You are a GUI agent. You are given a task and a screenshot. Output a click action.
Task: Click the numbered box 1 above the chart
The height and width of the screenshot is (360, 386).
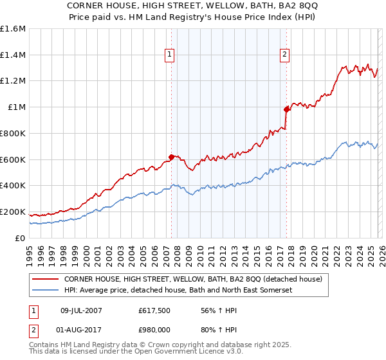(170, 55)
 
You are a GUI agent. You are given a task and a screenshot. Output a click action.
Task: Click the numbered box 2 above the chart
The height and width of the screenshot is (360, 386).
(284, 55)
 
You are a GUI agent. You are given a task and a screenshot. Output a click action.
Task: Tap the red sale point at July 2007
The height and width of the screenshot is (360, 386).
(171, 156)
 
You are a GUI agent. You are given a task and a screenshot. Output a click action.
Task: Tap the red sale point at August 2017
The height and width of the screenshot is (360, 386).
(286, 109)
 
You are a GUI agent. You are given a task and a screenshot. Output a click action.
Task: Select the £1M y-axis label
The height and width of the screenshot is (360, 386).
(17, 107)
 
